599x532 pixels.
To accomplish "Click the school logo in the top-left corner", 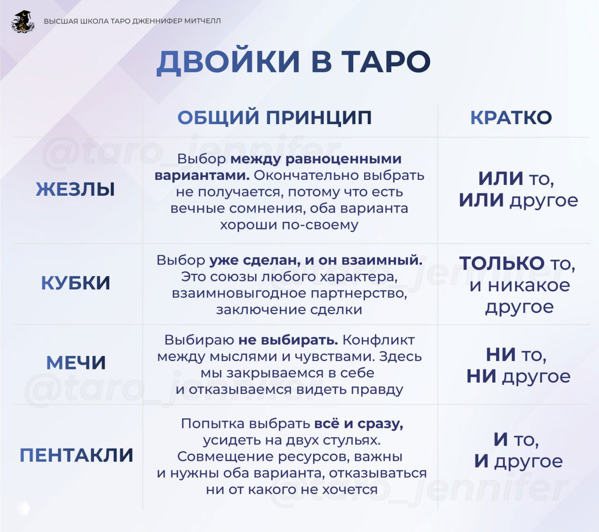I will click(23, 22).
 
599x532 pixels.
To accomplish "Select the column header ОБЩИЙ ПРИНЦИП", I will click(275, 118).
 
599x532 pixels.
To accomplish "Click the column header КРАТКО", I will click(511, 118).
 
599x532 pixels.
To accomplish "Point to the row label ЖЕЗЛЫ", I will click(75, 190).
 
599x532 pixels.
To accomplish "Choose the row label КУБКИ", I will click(76, 283).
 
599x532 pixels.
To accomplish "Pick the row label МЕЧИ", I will click(76, 363).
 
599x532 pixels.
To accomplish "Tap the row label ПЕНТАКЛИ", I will click(76, 455).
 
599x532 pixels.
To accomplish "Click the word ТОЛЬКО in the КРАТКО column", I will click(502, 263).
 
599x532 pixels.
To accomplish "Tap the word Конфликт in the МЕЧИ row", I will click(379, 340).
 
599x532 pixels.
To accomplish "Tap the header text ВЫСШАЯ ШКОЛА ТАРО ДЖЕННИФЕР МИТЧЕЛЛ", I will click(132, 21).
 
